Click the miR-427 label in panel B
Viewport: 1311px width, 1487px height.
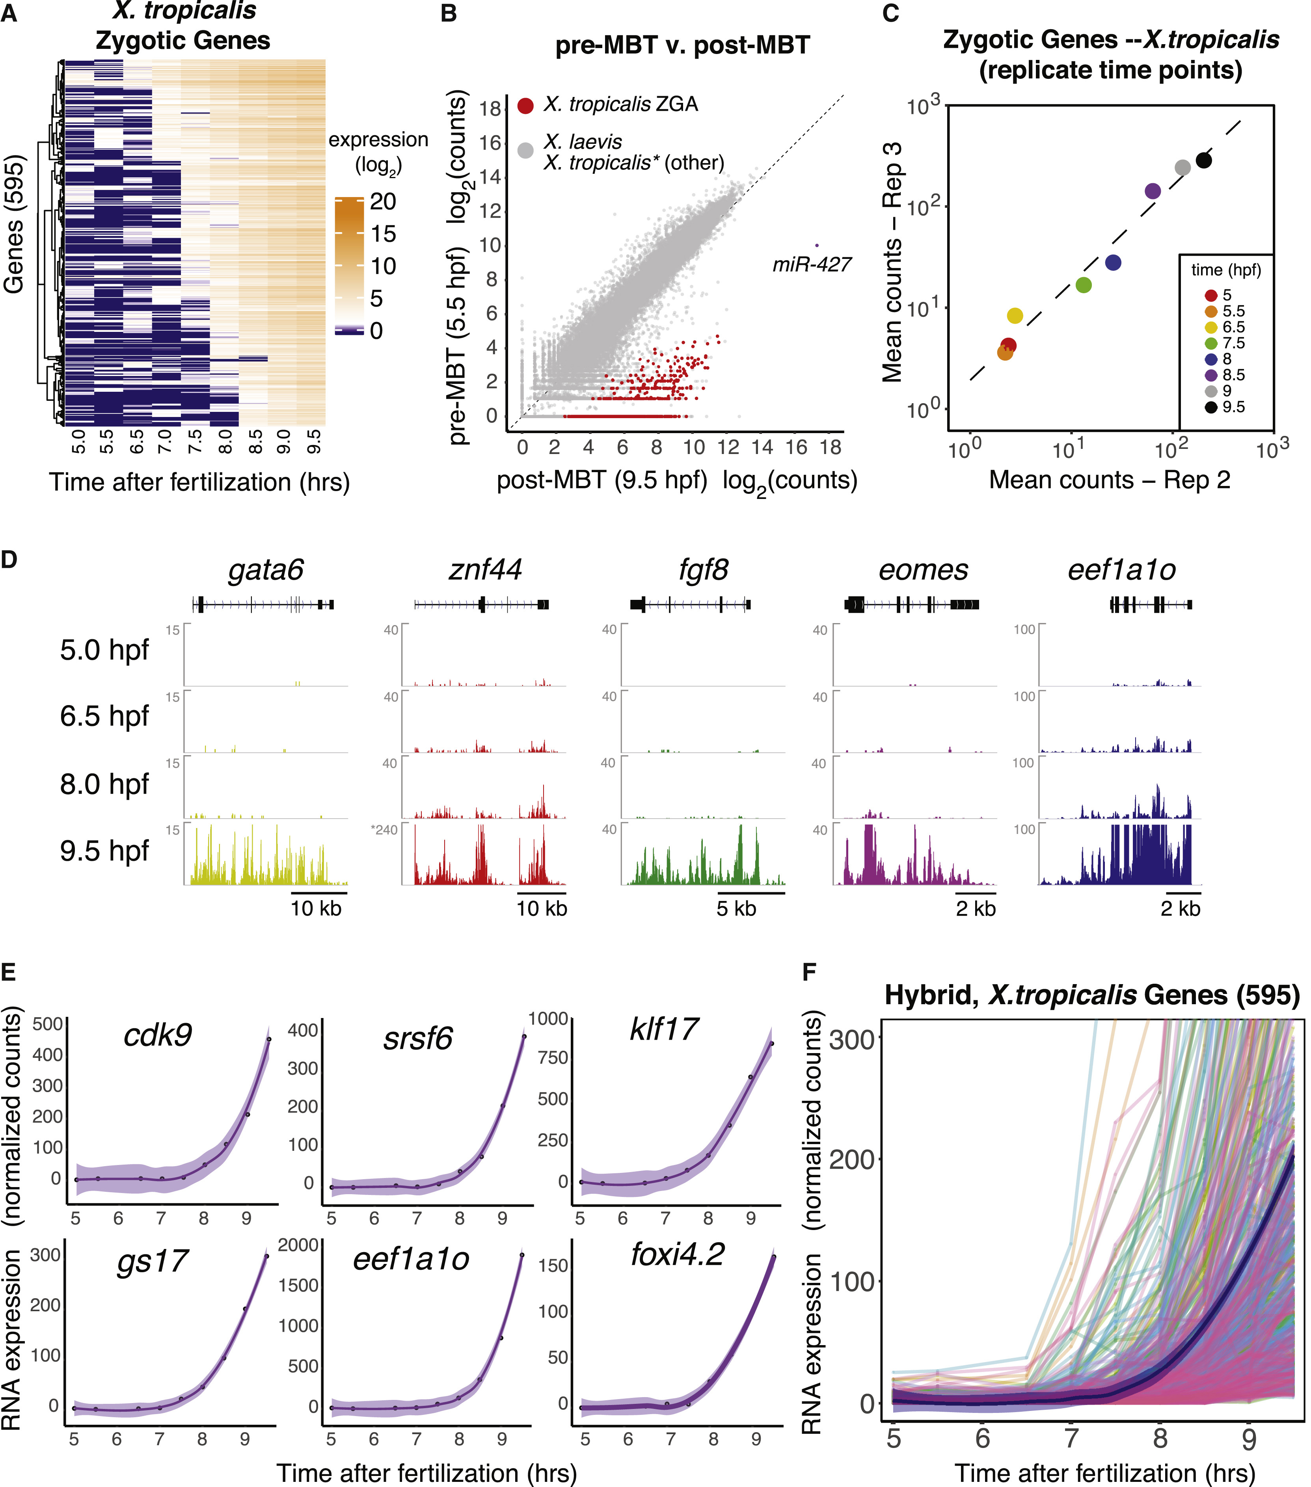[x=811, y=265]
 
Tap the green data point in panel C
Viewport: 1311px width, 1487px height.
[x=1083, y=285]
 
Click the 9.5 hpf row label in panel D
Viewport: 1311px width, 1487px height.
[x=104, y=851]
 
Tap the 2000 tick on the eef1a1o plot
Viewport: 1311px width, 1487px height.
[x=298, y=1245]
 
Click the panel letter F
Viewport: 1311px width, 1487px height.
[x=808, y=972]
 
